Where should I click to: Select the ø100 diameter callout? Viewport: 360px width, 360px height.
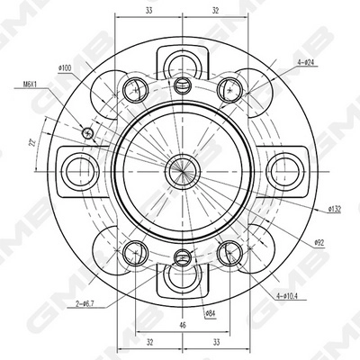[x=65, y=67]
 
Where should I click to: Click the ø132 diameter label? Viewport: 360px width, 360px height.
[x=333, y=210]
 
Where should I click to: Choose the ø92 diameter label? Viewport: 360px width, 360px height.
[x=319, y=242]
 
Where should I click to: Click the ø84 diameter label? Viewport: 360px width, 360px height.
[x=210, y=313]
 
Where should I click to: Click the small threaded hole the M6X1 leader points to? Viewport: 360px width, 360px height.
[x=87, y=133]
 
